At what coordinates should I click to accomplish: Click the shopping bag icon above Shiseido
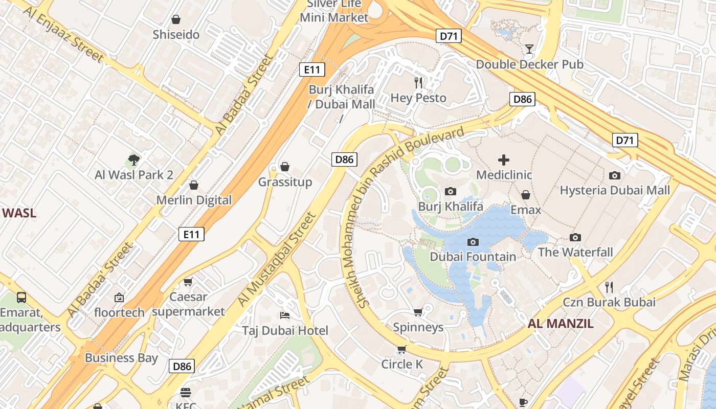176,19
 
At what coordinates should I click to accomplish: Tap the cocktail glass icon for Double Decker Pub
529,49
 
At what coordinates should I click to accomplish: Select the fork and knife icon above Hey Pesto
418,82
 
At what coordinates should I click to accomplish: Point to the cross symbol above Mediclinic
504,160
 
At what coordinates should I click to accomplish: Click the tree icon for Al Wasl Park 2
134,160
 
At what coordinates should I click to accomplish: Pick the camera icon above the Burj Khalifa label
451,191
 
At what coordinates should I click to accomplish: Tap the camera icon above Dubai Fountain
473,242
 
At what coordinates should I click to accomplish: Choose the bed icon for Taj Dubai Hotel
285,315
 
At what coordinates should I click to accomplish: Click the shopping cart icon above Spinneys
418,312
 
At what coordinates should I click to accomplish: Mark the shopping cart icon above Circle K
402,349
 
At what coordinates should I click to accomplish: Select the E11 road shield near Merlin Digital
191,234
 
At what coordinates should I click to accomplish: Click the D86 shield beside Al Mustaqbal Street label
344,159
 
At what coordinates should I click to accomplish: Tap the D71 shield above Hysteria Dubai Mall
625,140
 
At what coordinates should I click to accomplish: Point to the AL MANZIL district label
561,323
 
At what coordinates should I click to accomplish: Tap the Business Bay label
121,358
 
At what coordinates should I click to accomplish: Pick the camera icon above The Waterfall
575,237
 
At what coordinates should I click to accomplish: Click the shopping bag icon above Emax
526,195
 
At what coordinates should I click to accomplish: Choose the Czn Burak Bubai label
609,302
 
